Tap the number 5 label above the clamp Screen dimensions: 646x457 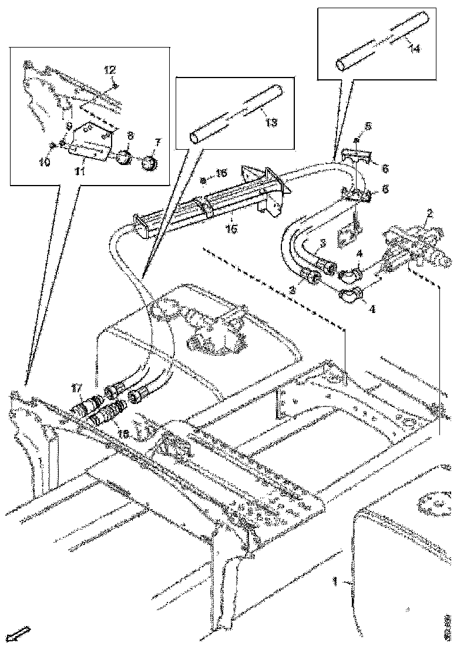pyautogui.click(x=368, y=126)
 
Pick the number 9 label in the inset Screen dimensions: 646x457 pyautogui.click(x=69, y=125)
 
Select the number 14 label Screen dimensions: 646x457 pyautogui.click(x=414, y=49)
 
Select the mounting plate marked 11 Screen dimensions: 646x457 pyautogui.click(x=89, y=143)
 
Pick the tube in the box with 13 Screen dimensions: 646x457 pyautogui.click(x=235, y=113)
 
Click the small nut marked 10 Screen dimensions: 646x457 pyautogui.click(x=53, y=145)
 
